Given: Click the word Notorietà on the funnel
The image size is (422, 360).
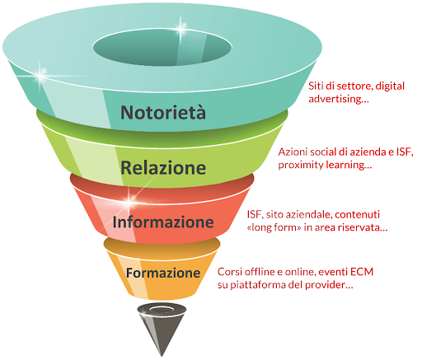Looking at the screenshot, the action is coord(163,112).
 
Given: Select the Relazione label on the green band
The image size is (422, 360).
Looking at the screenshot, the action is coord(163,167).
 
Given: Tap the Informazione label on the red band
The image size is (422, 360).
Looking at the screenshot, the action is coord(163,222).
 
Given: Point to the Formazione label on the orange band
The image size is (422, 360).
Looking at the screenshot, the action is coord(163,273).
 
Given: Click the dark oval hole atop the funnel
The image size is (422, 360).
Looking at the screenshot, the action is coord(162,47).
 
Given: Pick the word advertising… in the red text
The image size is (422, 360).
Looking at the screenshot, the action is coord(339,99).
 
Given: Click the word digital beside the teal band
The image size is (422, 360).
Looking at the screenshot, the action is coord(390,86).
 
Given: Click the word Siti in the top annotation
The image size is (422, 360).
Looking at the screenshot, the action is coord(315,86).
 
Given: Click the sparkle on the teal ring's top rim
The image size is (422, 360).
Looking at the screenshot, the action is coord(181,27).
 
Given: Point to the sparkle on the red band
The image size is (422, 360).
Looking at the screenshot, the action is coord(129,200).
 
